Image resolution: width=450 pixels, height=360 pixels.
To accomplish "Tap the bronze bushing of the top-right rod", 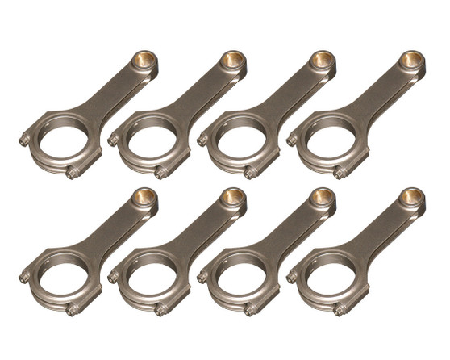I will pos(412,60).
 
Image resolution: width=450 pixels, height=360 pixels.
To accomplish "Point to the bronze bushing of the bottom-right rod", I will pos(412,197).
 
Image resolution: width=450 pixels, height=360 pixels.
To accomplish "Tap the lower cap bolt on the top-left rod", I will pos(73,172).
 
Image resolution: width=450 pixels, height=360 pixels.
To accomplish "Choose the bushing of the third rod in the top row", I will pos(322,60).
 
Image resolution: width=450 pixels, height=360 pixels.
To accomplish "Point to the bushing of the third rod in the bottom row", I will pos(322,197).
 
